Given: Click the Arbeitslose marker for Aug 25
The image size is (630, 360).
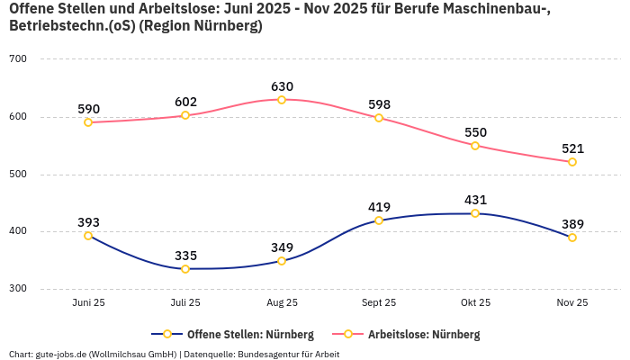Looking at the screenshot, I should click(282, 100).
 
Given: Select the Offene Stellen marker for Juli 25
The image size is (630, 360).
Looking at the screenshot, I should click(185, 269).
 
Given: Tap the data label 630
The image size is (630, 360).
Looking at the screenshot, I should click(282, 86).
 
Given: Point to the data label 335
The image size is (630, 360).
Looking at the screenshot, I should click(185, 256).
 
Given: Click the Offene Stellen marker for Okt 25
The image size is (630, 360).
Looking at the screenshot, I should click(475, 213).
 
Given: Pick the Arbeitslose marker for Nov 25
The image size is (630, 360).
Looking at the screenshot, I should click(572, 162).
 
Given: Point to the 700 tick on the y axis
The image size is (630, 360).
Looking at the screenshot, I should click(18, 59).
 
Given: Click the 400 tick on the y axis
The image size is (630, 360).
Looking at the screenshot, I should click(18, 231).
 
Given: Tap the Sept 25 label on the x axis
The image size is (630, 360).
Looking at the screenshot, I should click(379, 303).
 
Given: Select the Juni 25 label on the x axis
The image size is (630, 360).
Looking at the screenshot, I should click(88, 303).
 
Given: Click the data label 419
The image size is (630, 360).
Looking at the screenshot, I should click(379, 207).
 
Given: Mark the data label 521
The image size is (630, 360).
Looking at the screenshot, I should click(572, 148).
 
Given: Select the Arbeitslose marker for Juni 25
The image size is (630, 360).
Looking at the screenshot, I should click(88, 122).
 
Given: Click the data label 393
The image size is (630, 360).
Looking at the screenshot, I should click(88, 222).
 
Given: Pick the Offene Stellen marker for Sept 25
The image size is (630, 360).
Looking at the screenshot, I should click(379, 220).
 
